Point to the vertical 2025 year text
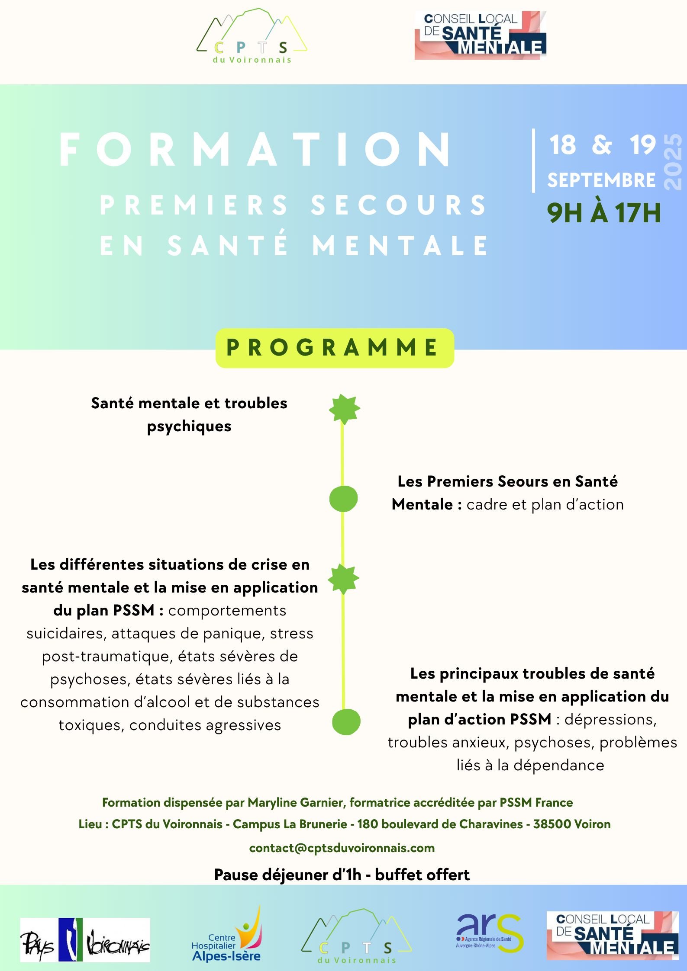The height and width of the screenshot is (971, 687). coord(673,162)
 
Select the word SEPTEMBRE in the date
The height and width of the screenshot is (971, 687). coord(601,180)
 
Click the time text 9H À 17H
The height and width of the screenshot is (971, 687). coord(604,213)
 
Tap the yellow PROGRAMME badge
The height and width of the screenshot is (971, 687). coord(334,348)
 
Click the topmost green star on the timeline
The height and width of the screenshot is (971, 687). coord(344,409)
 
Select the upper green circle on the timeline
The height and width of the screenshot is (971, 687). coord(343,499)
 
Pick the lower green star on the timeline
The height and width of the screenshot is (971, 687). coord(343,579)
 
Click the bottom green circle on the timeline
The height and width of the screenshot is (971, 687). coord(346,721)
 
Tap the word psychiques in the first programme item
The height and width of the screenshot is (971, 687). coord(189,426)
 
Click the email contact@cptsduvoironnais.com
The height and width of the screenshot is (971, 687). coord(342,848)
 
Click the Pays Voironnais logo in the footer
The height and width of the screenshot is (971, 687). coord(85,940)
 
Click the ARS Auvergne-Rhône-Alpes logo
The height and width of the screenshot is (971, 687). coord(489,933)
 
